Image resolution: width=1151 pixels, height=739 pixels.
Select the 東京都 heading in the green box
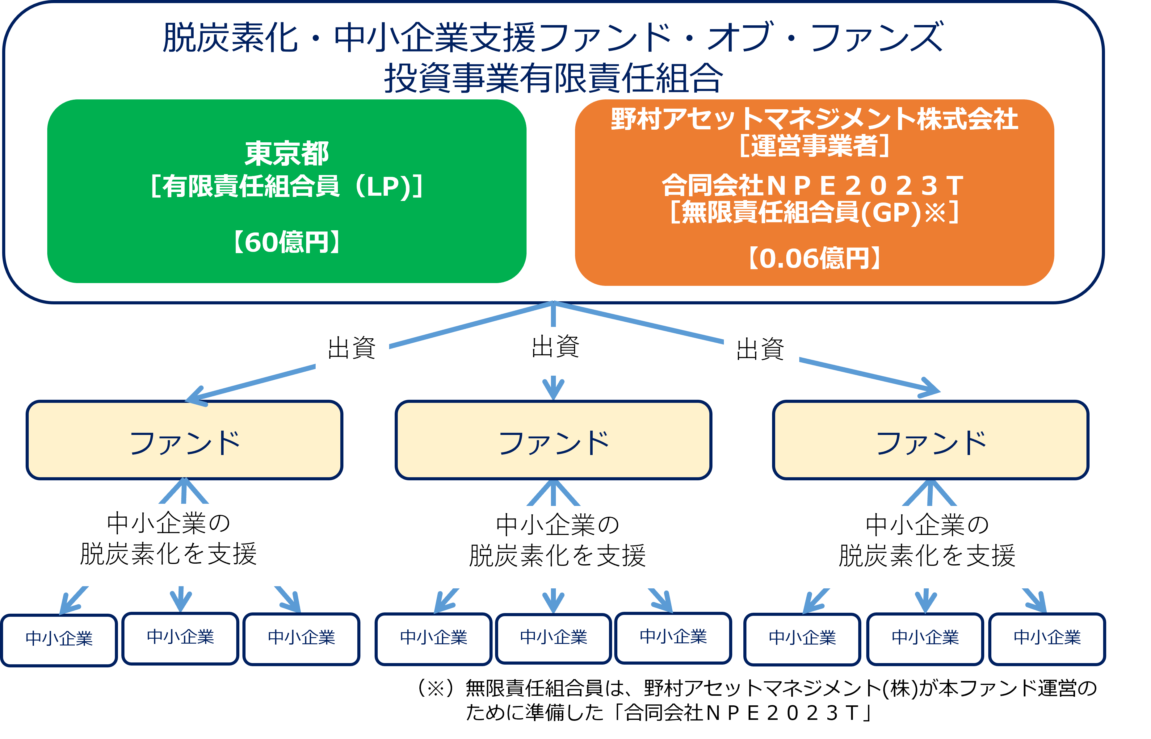287,153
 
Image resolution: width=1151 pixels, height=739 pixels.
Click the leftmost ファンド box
185,440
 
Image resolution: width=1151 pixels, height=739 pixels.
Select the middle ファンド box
553,440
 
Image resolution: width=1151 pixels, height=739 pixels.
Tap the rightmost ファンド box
931,440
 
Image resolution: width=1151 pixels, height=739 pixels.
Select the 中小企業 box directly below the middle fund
553,639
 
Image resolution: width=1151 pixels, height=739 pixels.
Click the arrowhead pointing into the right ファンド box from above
929,388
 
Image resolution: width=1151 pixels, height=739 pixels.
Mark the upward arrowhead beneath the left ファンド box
184,491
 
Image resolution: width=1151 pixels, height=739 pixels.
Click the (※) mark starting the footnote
435,688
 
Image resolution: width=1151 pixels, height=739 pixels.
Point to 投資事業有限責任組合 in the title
553,78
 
